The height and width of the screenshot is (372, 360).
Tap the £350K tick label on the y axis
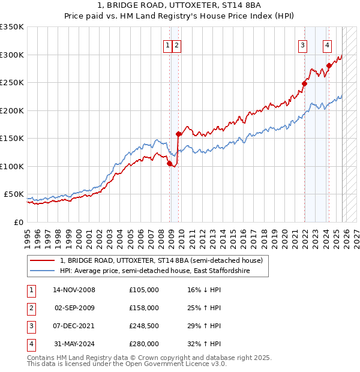12,27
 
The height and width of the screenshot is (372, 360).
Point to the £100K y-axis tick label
12,166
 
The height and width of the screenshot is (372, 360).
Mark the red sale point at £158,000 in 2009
178,134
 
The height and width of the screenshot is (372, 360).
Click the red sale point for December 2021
304,84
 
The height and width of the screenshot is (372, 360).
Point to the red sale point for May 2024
329,66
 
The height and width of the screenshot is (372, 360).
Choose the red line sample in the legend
43,261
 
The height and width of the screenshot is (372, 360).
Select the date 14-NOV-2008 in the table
74,290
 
